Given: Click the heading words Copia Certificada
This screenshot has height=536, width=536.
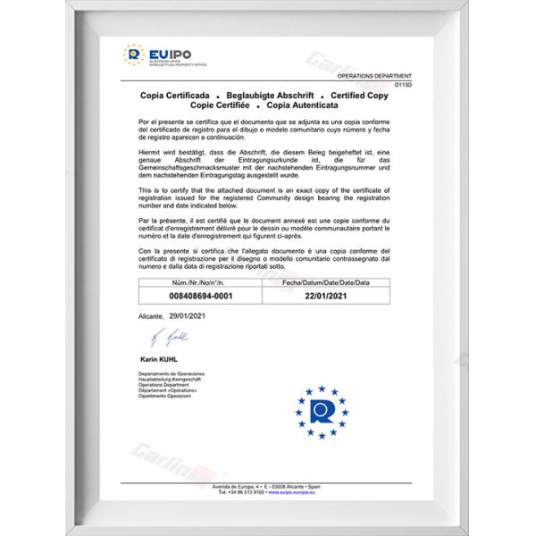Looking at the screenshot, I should click(x=174, y=95).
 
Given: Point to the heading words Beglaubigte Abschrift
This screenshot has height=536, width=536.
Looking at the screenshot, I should click(x=263, y=95).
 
